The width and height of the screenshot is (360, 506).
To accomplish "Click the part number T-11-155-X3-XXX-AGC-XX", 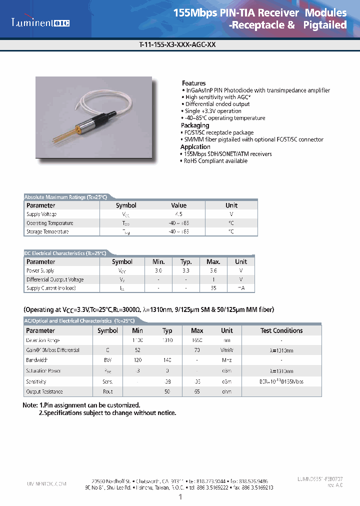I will coord(177,44).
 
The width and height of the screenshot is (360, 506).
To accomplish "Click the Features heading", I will coord(193,83).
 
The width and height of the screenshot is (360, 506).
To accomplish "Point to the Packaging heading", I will coord(195,125).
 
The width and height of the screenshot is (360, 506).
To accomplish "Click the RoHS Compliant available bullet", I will coord(215,161).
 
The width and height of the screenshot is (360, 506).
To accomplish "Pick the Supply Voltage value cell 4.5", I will coord(178,214).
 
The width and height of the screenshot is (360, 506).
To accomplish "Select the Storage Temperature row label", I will coord(47,232).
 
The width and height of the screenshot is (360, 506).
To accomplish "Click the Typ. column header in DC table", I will coord(186,261).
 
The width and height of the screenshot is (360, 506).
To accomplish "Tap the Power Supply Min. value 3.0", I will coord(158,270).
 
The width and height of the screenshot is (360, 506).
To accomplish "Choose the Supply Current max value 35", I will coord(213,288).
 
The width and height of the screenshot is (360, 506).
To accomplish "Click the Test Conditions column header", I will coord(281,330).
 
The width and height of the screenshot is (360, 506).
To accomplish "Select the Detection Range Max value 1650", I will coord(197,340).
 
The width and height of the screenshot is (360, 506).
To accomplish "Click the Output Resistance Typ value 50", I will coord(167,392).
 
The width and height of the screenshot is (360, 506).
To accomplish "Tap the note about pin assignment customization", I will coord(81,405).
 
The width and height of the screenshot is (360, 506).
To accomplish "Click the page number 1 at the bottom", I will coord(180,497).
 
